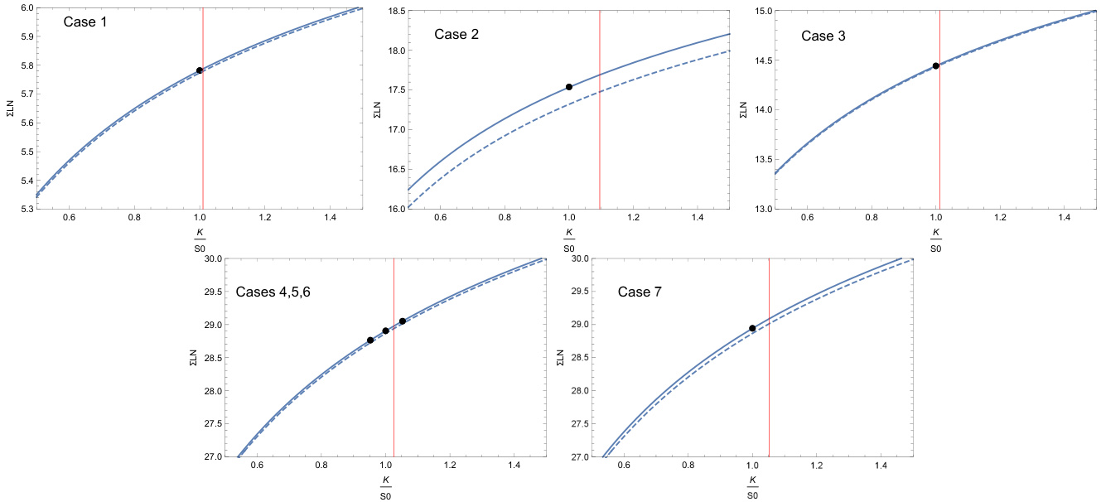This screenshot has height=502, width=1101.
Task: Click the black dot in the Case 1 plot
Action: point(200,70)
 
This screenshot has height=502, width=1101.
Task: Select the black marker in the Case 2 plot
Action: point(569,87)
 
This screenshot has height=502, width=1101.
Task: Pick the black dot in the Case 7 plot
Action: point(752,329)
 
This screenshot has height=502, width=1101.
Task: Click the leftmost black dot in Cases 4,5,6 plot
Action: point(370,340)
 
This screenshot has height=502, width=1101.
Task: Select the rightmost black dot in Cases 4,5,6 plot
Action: point(403,321)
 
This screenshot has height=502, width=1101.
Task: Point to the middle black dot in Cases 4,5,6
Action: point(386,331)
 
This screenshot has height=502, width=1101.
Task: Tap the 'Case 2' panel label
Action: point(456,35)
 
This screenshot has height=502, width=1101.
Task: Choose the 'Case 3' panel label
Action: point(823,36)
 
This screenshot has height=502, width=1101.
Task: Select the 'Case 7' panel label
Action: point(640,292)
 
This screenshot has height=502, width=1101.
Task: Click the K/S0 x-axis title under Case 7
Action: point(752,488)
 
